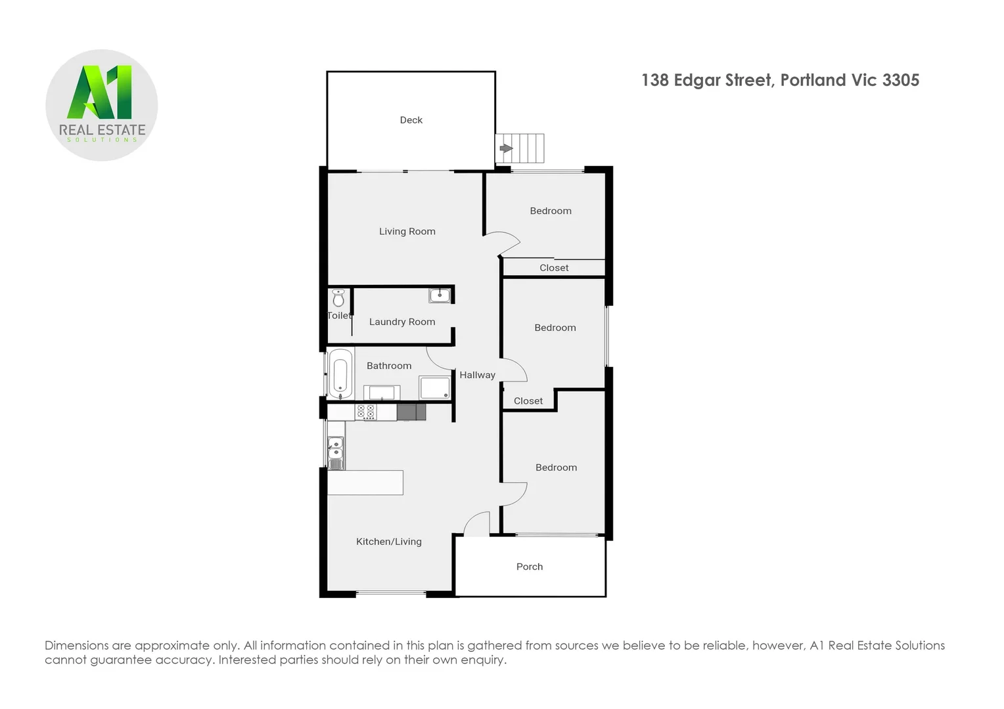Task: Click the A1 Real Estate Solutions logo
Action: [x=102, y=105]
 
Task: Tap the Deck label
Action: [x=411, y=120]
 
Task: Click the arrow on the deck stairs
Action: [x=505, y=148]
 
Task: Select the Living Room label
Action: [x=407, y=232]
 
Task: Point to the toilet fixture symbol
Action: [x=338, y=299]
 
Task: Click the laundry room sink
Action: [x=440, y=295]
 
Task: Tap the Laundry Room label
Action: [x=401, y=322]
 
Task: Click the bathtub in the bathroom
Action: [x=340, y=374]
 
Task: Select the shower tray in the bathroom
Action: [x=435, y=387]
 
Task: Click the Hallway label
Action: [x=477, y=376]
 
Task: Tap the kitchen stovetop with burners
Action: [x=366, y=412]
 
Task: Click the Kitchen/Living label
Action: [x=388, y=542]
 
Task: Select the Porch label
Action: [x=530, y=567]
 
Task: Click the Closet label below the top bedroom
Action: [x=554, y=268]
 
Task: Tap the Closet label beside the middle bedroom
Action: [x=528, y=401]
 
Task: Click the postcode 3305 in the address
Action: [x=900, y=81]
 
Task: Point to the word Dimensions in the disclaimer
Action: [x=76, y=646]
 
